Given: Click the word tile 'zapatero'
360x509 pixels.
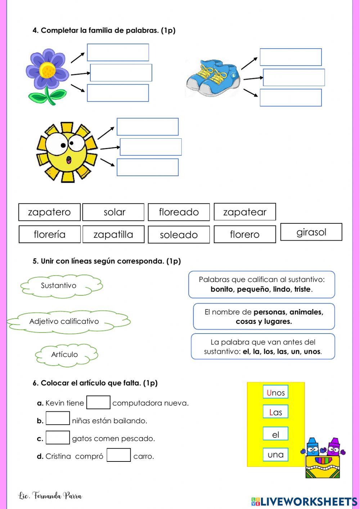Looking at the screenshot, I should point(49,212).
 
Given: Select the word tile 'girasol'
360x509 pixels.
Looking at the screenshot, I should point(311,232).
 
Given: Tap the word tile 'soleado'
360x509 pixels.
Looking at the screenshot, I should point(179,235).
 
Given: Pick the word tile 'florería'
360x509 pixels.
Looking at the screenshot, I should point(49,235).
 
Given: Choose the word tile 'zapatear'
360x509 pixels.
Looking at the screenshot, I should point(245,212).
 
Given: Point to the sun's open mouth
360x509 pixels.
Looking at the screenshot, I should point(69,160).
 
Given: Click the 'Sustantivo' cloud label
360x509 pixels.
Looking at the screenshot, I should point(59,286).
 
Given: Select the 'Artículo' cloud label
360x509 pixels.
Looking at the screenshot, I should point(65,354).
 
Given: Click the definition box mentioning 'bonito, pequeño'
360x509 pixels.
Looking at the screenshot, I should point(262,285).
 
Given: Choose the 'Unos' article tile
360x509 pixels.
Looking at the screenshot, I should point(275,393).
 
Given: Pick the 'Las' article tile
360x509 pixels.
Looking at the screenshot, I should point(275,412).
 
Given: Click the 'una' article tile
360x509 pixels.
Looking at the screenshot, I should point(275,455).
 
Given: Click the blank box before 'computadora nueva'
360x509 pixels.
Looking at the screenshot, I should point(98,403).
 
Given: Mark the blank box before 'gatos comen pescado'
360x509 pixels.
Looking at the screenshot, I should point(58,438).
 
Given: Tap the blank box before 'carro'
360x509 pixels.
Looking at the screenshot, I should point(118,455).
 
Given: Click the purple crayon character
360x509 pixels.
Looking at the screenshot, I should point(334,447).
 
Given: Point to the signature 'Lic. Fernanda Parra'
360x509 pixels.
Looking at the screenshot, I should point(50,496).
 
